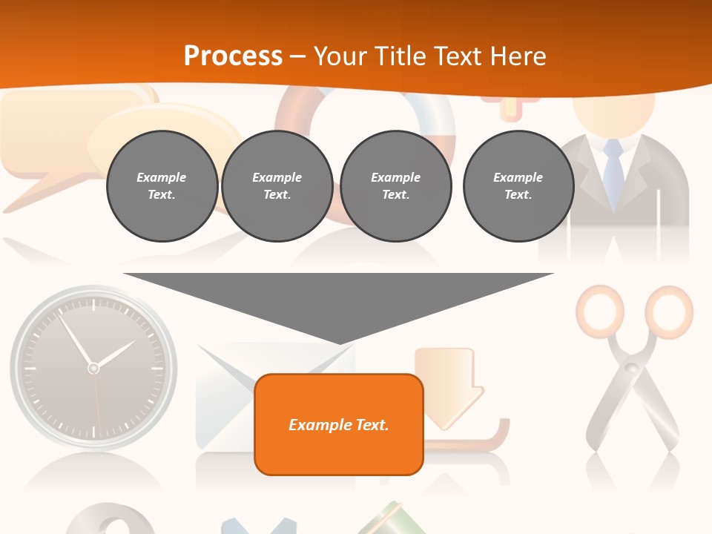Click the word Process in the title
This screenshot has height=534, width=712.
pyautogui.click(x=233, y=56)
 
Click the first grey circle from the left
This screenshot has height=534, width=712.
pyautogui.click(x=162, y=186)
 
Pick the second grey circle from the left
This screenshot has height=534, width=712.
pyautogui.click(x=277, y=186)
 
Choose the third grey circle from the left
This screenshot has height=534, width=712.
pyautogui.click(x=396, y=186)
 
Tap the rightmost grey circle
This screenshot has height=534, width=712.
pyautogui.click(x=518, y=186)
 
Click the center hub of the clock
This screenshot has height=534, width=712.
pyautogui.click(x=93, y=368)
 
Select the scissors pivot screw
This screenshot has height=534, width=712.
pyautogui.click(x=631, y=367)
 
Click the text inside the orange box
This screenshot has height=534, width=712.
pyautogui.click(x=339, y=425)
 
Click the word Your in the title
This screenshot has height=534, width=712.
pyautogui.click(x=340, y=56)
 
